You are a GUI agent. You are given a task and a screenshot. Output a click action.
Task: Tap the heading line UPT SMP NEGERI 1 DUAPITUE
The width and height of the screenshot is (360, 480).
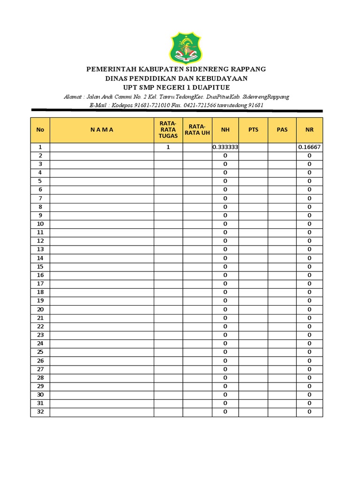click(x=176, y=88)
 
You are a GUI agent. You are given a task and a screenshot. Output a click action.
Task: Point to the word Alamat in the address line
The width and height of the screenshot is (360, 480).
click(x=74, y=97)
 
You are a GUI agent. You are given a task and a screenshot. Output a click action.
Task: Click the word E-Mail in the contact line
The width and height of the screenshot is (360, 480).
click(x=98, y=105)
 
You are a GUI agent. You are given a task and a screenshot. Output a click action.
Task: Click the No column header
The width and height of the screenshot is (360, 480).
click(x=40, y=130)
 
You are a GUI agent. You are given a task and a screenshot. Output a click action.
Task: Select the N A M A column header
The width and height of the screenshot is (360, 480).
click(x=102, y=130)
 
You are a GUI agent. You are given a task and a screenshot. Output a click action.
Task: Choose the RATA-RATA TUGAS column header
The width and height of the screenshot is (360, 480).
click(x=168, y=130)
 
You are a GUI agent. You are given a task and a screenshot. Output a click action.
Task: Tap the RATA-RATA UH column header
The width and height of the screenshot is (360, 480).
click(x=197, y=130)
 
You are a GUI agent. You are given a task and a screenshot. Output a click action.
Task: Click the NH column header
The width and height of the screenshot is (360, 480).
click(x=225, y=130)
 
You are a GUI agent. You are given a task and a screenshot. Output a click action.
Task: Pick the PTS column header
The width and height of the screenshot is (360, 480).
click(x=253, y=130)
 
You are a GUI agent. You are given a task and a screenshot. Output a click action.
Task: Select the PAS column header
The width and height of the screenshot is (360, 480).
click(x=282, y=130)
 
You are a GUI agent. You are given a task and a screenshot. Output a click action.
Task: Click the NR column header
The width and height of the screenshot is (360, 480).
click(x=309, y=130)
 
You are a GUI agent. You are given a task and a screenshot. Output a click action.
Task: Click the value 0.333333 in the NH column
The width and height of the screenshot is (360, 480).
click(x=225, y=147)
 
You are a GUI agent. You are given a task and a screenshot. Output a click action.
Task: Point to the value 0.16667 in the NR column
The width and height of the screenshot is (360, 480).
click(x=309, y=147)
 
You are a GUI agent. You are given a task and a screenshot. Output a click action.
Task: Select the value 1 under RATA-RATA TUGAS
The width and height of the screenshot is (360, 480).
click(x=168, y=147)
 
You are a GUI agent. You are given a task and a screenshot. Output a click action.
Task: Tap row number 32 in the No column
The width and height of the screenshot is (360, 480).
click(x=40, y=412)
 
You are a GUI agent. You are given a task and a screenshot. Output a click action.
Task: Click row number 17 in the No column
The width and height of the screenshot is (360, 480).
click(x=40, y=284)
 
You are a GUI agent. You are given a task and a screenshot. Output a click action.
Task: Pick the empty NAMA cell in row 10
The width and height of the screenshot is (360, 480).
click(x=102, y=224)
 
